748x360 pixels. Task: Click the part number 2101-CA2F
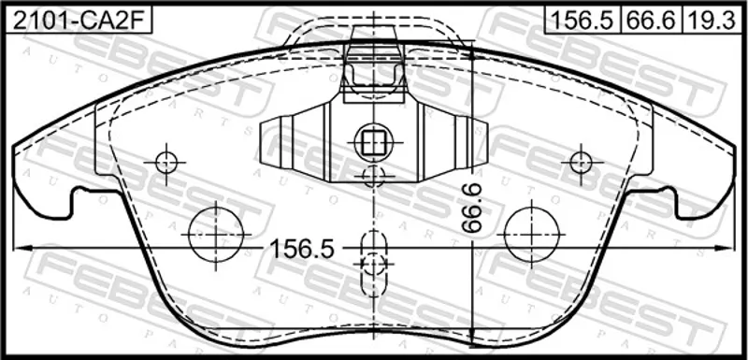(x=78, y=21)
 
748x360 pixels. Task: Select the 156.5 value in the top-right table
(x=582, y=21)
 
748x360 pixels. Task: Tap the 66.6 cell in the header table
(x=651, y=21)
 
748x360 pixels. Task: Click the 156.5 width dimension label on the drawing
(x=302, y=249)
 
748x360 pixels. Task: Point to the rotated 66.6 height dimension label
(x=472, y=209)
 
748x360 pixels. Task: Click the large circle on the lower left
(x=216, y=235)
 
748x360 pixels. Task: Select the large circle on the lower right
(x=531, y=235)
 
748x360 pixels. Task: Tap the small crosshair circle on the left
(x=166, y=163)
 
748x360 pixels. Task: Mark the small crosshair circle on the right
(x=581, y=163)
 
